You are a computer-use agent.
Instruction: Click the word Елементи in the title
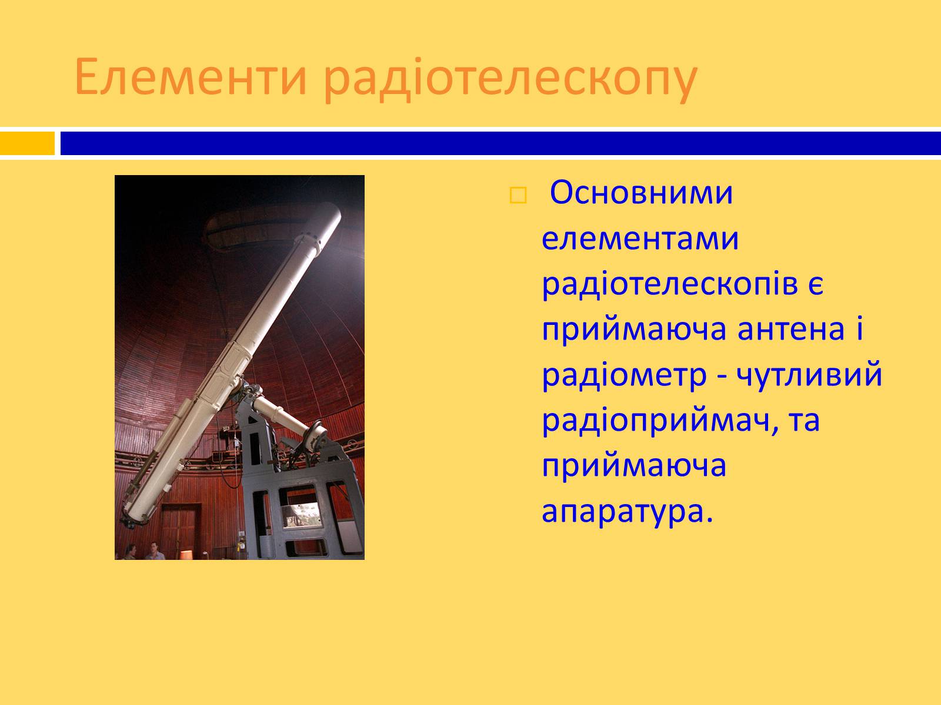[191, 77]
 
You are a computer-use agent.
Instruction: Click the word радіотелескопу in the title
[510, 80]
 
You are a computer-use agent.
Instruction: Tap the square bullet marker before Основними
[518, 195]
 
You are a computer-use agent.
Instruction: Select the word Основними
[641, 193]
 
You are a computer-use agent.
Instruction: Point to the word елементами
[640, 239]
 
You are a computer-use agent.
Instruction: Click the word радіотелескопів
[670, 286]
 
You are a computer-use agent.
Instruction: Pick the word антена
[791, 330]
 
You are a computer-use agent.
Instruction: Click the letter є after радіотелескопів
[816, 285]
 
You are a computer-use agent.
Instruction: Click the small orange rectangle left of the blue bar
[28, 143]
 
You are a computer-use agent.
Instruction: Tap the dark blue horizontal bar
[500, 143]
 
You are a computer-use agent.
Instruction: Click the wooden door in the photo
[179, 530]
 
